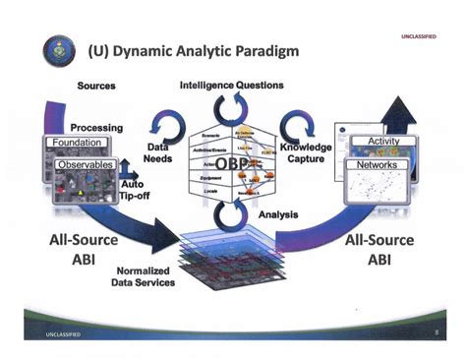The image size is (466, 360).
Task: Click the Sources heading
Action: [95, 86]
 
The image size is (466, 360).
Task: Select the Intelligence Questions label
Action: [232, 86]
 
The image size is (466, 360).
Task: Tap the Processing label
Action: [95, 128]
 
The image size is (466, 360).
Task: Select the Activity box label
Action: [383, 143]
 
